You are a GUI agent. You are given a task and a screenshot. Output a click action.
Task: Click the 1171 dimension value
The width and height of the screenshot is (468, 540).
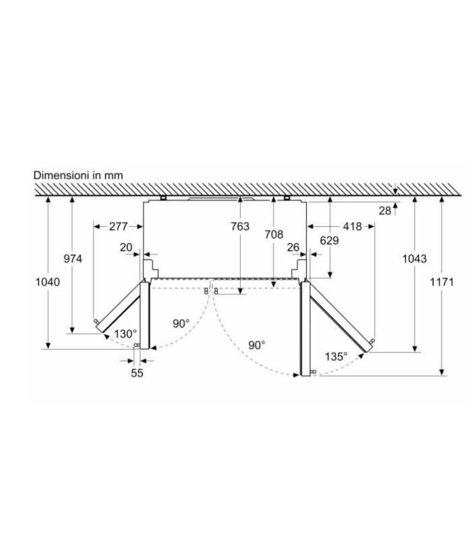point(442,282)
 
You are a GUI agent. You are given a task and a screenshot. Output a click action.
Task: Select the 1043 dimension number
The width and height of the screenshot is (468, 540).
point(414,259)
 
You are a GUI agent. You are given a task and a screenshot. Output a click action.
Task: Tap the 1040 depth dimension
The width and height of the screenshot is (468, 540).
point(48,282)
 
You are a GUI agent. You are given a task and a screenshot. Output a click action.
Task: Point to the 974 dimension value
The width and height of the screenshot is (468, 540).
point(73,259)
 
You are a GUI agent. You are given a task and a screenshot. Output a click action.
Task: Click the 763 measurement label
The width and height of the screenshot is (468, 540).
point(240,226)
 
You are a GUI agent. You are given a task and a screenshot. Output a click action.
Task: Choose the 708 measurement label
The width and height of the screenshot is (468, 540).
point(274,234)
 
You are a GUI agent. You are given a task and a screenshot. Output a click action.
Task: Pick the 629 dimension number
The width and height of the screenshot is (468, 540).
point(329,240)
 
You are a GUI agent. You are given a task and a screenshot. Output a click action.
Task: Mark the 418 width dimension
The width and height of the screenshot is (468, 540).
point(353,226)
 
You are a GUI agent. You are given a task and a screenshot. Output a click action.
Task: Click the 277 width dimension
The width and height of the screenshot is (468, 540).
point(119,226)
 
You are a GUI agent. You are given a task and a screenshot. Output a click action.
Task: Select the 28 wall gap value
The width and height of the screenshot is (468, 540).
point(385,211)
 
